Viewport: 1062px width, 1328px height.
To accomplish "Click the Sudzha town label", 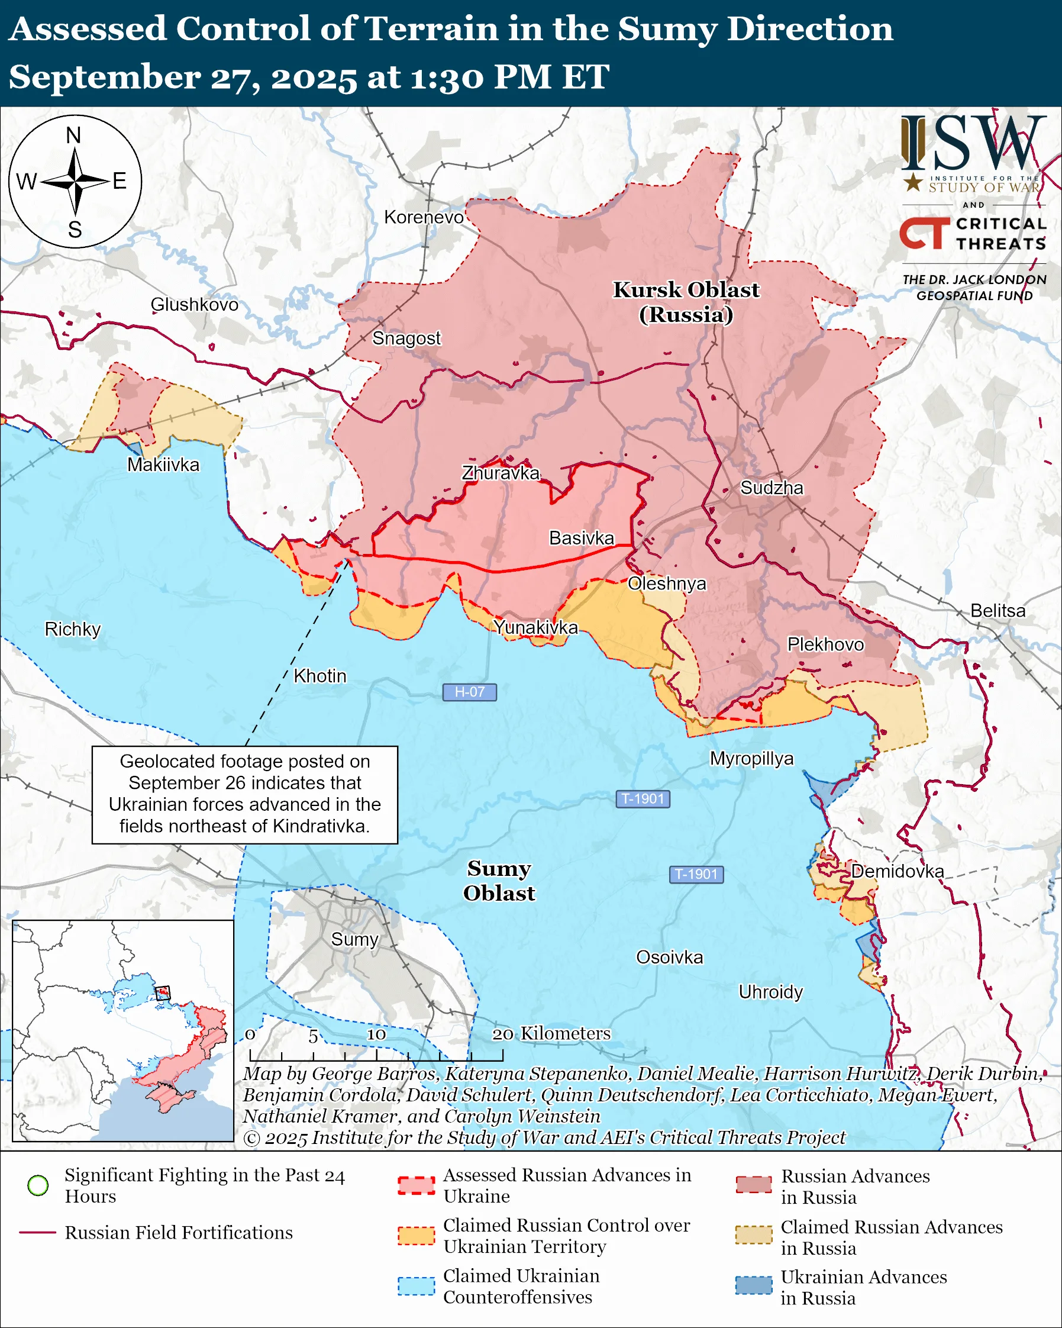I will click(x=772, y=488).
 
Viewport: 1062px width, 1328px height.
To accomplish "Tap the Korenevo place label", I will click(x=424, y=217).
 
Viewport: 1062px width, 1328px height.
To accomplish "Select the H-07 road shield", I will click(x=469, y=692).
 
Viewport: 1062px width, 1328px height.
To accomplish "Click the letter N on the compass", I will click(x=73, y=135).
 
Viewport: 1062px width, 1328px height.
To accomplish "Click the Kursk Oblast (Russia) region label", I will click(x=686, y=302).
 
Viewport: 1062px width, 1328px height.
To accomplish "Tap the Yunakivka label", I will click(x=535, y=627).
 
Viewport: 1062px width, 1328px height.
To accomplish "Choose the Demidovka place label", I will click(x=897, y=871).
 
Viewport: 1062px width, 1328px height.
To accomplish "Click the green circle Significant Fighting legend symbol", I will click(x=38, y=1185).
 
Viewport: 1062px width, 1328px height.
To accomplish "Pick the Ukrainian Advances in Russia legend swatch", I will click(x=753, y=1285).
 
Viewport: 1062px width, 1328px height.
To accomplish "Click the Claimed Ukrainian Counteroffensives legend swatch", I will click(x=415, y=1286).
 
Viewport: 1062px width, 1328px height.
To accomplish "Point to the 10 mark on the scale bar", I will click(x=376, y=1034).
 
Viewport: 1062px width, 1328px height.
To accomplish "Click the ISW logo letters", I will click(x=973, y=144).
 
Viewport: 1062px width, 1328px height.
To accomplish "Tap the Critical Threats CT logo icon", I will click(x=924, y=233).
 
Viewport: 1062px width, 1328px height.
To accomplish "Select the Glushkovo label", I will click(x=195, y=304).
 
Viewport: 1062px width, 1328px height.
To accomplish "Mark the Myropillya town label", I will click(x=752, y=758).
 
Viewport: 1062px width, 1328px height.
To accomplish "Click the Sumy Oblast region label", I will click(x=499, y=880).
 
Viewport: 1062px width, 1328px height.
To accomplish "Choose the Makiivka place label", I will click(x=163, y=465).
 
